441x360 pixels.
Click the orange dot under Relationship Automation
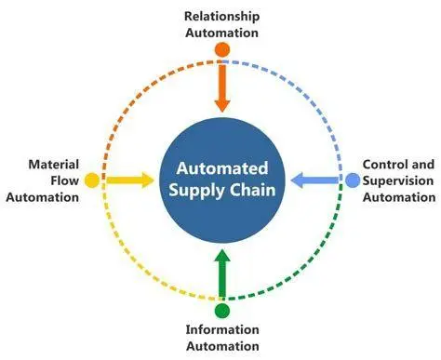pyautogui.click(x=221, y=48)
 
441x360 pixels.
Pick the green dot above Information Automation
pyautogui.click(x=221, y=309)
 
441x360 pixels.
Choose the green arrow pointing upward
pyautogui.click(x=221, y=272)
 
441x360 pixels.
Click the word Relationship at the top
pyautogui.click(x=221, y=16)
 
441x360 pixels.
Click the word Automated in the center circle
pyautogui.click(x=221, y=168)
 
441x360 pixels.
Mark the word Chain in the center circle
pyautogui.click(x=247, y=190)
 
